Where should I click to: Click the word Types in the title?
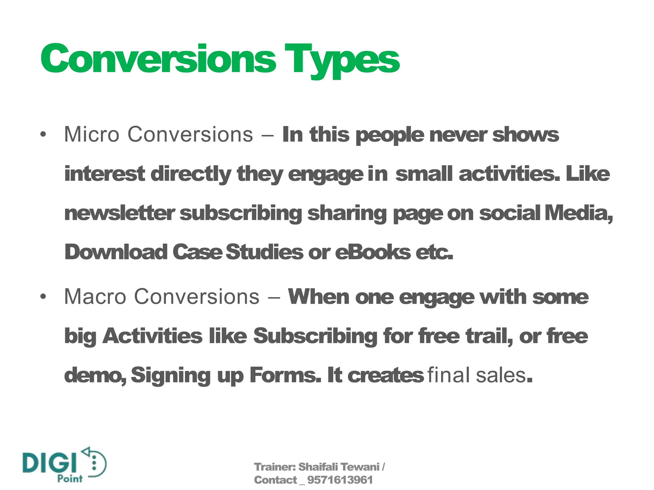pos(342,59)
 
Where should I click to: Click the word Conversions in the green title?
pos(158,59)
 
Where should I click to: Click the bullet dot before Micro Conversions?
pos(43,135)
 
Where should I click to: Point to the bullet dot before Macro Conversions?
pos(43,297)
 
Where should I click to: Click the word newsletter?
pos(119,213)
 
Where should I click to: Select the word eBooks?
pos(373,252)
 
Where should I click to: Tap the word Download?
pos(116,252)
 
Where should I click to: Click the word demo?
pos(95,375)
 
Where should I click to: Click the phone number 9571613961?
pos(340,480)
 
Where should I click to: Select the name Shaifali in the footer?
pos(318,467)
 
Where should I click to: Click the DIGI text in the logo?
pos(50,462)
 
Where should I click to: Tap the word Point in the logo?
pos(70,479)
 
